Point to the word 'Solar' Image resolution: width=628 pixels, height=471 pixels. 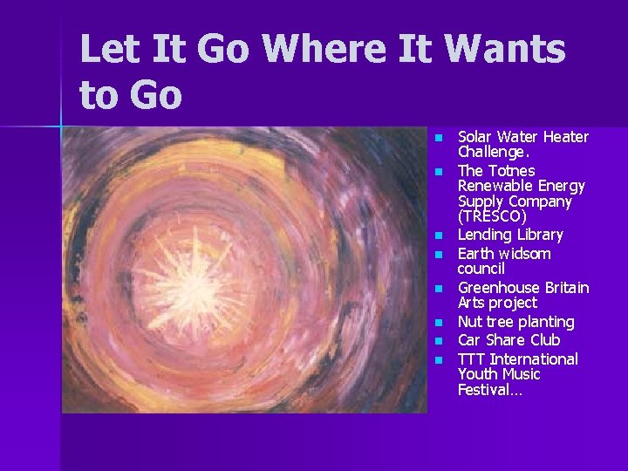point(475,137)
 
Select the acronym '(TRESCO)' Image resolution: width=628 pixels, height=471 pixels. point(492,216)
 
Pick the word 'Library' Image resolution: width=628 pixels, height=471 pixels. point(536,235)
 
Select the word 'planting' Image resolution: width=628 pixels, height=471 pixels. point(547,322)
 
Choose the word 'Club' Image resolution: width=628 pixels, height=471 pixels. point(544,340)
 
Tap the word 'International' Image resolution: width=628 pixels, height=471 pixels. point(534,359)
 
